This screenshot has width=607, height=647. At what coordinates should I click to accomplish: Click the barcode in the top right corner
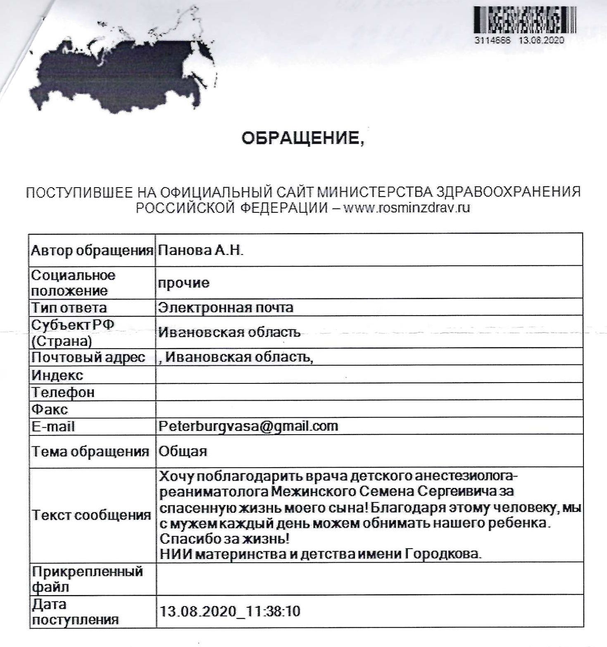click(524, 20)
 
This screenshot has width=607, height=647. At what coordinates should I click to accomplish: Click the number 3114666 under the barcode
click(493, 40)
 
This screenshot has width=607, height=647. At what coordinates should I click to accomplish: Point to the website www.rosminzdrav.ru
click(407, 207)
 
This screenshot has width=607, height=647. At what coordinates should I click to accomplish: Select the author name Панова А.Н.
click(201, 250)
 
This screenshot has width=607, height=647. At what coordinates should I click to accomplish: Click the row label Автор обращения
click(92, 250)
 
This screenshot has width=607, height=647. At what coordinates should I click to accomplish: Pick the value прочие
click(184, 283)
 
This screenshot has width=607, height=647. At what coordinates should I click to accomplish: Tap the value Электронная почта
click(226, 308)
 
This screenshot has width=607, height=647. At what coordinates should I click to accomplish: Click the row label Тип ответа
click(69, 308)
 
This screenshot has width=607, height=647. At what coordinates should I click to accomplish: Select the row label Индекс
click(57, 375)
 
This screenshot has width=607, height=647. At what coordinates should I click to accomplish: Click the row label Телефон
click(63, 392)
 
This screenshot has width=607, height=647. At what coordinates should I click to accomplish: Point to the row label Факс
click(50, 409)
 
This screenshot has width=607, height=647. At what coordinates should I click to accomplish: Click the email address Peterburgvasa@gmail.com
click(248, 426)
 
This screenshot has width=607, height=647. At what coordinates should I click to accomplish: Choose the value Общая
click(183, 451)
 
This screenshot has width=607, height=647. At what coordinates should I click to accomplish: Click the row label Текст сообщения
click(91, 515)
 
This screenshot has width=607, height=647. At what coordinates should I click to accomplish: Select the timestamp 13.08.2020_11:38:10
click(230, 611)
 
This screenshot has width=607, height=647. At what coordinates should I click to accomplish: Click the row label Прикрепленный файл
click(87, 579)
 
